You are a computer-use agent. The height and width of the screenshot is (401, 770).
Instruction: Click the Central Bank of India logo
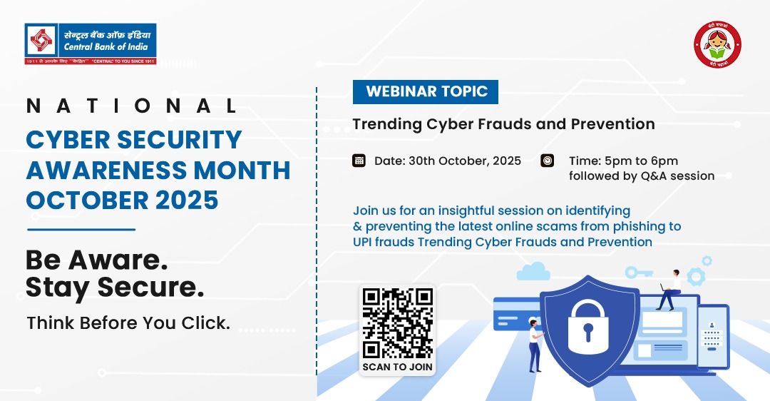coord(90,44)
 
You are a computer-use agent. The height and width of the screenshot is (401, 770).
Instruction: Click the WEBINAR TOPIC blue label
coord(426,91)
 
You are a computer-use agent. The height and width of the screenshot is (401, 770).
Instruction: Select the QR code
coord(397,323)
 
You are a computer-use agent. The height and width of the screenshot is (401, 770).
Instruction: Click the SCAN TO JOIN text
coord(397,367)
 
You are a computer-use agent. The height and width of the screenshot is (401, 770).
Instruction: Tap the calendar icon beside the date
coord(359,161)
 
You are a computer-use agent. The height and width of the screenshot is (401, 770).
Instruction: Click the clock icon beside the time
coord(548,161)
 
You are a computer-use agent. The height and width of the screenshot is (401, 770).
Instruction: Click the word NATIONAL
coord(131,106)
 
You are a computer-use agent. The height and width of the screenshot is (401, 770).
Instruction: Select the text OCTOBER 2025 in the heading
coord(122,200)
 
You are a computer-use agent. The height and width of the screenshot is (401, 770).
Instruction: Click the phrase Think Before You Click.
coord(128,323)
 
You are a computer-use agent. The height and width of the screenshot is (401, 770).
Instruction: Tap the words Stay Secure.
coord(115,287)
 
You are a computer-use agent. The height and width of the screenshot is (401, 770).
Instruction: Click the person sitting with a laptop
coord(669,290)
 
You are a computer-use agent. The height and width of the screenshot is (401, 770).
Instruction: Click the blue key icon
coord(639,273)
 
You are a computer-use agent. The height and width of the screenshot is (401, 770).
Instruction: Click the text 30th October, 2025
coord(464,161)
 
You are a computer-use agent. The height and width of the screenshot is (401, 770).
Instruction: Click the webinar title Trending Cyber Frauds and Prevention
coord(503,124)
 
